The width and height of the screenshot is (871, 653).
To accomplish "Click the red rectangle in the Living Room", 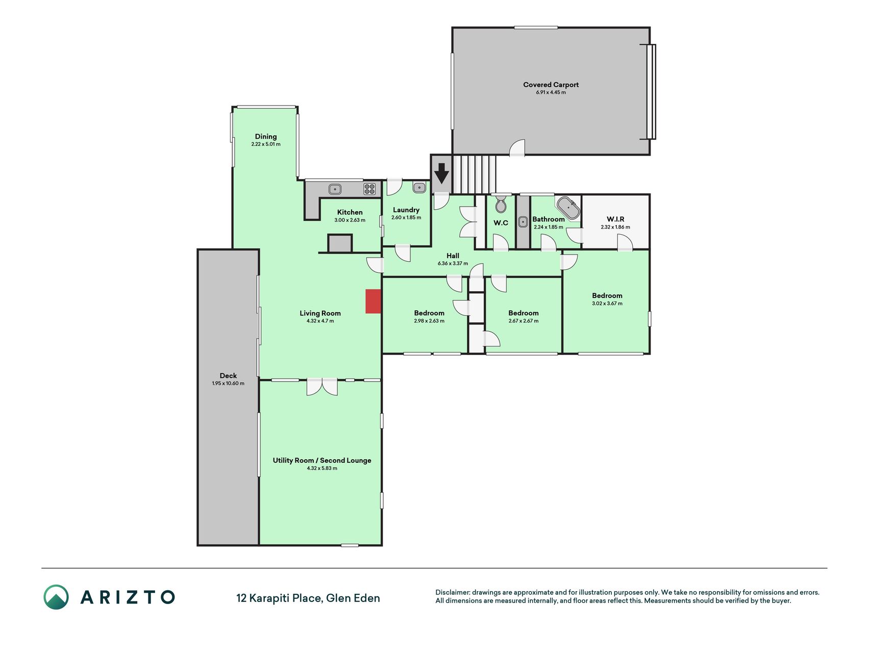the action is coord(373,301).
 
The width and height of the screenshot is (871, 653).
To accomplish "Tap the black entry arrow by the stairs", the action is coord(441,173).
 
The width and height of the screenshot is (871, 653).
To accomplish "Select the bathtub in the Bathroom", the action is coord(568,208).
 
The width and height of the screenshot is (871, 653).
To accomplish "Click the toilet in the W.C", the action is coord(501,204).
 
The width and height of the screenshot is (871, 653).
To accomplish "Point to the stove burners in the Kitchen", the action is coord(369,189).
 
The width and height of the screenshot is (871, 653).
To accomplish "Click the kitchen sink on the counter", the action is coord(335,189).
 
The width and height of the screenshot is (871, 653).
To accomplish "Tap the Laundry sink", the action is coord(419,187).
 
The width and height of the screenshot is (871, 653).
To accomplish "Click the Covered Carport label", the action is coord(551,85).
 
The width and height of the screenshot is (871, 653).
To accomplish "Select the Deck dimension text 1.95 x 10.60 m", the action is coord(228,383).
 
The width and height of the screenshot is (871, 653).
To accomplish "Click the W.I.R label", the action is coord(615,219).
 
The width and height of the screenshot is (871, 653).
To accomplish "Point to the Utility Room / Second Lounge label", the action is coord(322,460).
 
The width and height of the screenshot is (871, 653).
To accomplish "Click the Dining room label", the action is coord(266,136).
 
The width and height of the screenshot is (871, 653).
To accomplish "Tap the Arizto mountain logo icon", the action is coord(56,597).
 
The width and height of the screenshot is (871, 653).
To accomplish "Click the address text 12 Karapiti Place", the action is coord(279,598).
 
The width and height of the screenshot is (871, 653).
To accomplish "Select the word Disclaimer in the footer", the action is coord(452,592).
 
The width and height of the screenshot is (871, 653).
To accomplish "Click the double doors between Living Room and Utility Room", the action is coord(322,387).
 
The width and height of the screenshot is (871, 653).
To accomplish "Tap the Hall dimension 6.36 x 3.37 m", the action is coord(453,263).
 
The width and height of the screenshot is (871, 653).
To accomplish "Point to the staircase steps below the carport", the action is coord(474,174).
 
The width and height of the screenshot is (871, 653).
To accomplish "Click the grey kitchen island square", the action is coord(340,243).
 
